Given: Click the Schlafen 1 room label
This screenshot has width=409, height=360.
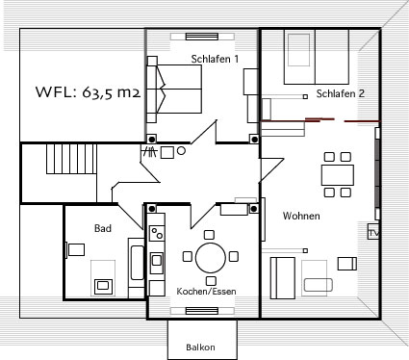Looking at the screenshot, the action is point(215,59).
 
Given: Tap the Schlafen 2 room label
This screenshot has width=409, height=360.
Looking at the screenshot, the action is point(341,93).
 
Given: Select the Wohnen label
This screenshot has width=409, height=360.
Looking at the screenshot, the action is point(301,216).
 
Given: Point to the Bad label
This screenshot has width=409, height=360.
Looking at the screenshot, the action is point(103,228).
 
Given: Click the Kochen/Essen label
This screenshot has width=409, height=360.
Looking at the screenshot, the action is point(206,291).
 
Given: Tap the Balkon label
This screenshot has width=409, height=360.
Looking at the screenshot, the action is point(200,347).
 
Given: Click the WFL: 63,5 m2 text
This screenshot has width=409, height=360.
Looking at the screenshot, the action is point(88,92).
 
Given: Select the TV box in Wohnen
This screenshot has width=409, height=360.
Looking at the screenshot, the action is point(373,232).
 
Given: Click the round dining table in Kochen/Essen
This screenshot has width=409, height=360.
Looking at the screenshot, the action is point(211,258).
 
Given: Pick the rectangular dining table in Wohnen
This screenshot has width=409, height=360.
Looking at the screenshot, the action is point(338,175).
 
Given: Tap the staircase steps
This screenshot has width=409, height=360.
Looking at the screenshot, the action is point(71,159).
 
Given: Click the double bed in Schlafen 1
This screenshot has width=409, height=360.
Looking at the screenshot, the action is point(174,90).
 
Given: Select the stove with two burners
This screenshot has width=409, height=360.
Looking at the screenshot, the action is point(157,233).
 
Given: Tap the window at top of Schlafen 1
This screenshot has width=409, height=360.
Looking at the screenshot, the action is point(202,37).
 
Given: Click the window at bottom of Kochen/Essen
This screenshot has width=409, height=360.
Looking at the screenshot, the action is point(202,311).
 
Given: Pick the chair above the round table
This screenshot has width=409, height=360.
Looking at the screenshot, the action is point(209,235).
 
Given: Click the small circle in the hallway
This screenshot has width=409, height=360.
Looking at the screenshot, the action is point(181,151).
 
